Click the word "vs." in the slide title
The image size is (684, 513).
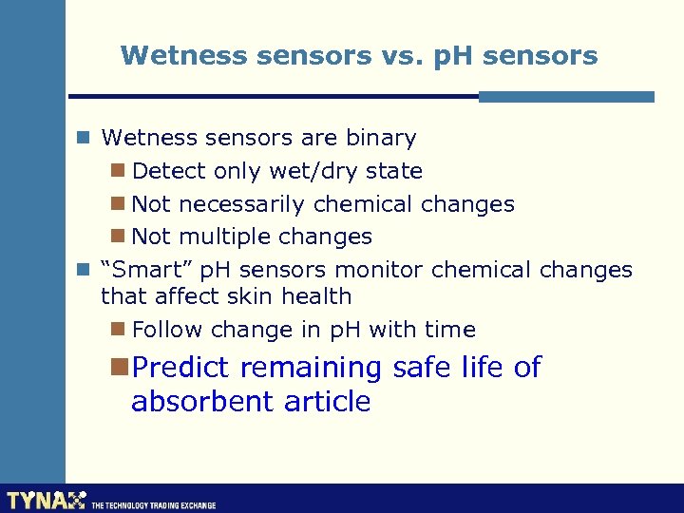395,56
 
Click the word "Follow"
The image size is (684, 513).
168,330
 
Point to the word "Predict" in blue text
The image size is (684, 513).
182,368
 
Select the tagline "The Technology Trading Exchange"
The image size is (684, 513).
153,505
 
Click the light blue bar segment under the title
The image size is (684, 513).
566,96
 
